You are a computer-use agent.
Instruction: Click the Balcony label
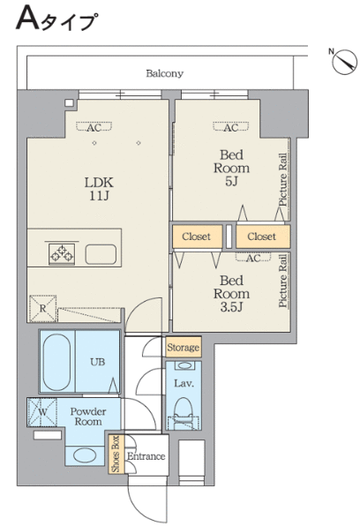point(164,73)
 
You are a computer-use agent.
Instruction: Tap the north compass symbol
point(344,62)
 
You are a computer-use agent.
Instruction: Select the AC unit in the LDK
point(94,127)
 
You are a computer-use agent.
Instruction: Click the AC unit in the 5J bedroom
point(231,127)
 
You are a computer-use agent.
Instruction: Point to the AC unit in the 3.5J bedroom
point(253,258)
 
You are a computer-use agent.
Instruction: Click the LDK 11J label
point(99,189)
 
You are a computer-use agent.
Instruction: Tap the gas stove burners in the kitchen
point(62,254)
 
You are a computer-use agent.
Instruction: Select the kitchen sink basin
point(101,254)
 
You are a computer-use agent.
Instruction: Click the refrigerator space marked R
point(42,309)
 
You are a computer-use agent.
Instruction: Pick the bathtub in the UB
point(57,363)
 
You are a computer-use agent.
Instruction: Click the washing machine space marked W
point(42,412)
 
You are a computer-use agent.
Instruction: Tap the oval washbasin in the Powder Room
point(85,455)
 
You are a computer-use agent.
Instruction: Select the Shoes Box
point(116,454)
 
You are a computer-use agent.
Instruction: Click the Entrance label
point(146,456)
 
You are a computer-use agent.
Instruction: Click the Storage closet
point(184,347)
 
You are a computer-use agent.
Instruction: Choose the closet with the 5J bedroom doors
point(263,237)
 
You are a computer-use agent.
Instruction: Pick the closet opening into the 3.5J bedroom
point(198,237)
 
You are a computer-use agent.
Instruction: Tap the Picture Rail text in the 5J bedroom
point(283,180)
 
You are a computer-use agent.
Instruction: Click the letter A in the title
point(28,19)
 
